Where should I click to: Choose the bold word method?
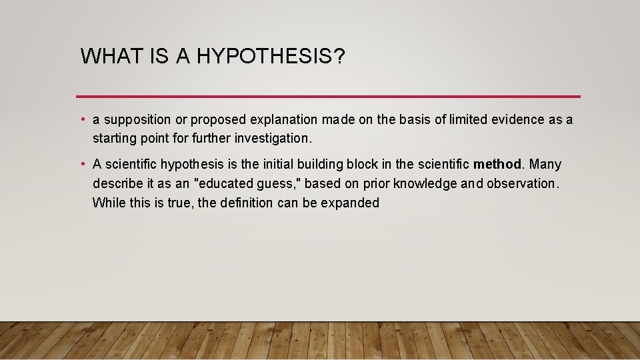point(497,164)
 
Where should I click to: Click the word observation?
point(521,183)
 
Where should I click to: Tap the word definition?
point(245,203)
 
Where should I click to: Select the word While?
point(108,203)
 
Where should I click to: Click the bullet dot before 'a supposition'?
point(82,120)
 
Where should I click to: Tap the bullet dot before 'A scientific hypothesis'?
point(82,164)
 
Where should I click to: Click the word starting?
point(115,139)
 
